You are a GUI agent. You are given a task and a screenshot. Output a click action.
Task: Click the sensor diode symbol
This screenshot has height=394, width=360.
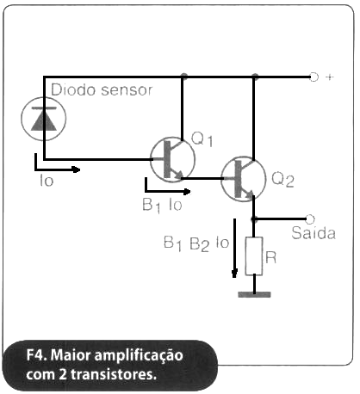(x=44, y=119)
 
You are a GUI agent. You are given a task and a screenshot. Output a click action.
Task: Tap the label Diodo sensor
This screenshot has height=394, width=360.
(x=102, y=89)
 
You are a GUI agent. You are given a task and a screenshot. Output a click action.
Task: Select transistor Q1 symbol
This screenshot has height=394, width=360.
(x=173, y=159)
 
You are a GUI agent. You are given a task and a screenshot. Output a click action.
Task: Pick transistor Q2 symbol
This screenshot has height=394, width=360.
(x=243, y=179)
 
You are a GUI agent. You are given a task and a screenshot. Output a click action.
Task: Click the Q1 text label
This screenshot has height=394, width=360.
(x=202, y=140)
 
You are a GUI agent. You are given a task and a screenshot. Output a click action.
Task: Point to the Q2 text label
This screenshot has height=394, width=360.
(x=283, y=180)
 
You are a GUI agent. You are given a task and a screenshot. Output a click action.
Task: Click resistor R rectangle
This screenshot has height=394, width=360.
(x=254, y=256)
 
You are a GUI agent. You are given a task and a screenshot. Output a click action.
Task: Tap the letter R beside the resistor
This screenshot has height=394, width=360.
(x=270, y=257)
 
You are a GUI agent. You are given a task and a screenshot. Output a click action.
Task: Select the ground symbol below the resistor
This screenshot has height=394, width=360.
(x=254, y=294)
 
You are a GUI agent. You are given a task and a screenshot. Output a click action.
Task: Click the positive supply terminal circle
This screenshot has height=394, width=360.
(x=313, y=77)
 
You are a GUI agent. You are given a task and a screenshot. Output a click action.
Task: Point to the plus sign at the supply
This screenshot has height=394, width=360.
(x=330, y=77)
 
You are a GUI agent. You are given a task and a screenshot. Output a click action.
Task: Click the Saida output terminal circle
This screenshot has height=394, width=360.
(x=310, y=219)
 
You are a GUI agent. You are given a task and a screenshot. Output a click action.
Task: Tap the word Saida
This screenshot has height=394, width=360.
(x=313, y=232)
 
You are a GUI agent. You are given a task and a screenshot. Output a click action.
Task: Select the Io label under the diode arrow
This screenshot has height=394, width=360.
(x=47, y=181)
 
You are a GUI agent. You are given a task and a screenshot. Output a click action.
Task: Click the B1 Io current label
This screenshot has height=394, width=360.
(x=162, y=206)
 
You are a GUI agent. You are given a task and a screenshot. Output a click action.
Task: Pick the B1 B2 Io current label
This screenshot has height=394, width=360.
(x=196, y=243)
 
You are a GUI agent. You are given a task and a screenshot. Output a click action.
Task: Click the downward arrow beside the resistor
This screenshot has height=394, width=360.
(x=234, y=249)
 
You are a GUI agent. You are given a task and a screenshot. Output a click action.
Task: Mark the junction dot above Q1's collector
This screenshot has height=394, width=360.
(x=183, y=77)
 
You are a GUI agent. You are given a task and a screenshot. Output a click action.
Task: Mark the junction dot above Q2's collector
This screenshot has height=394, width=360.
(x=255, y=77)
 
